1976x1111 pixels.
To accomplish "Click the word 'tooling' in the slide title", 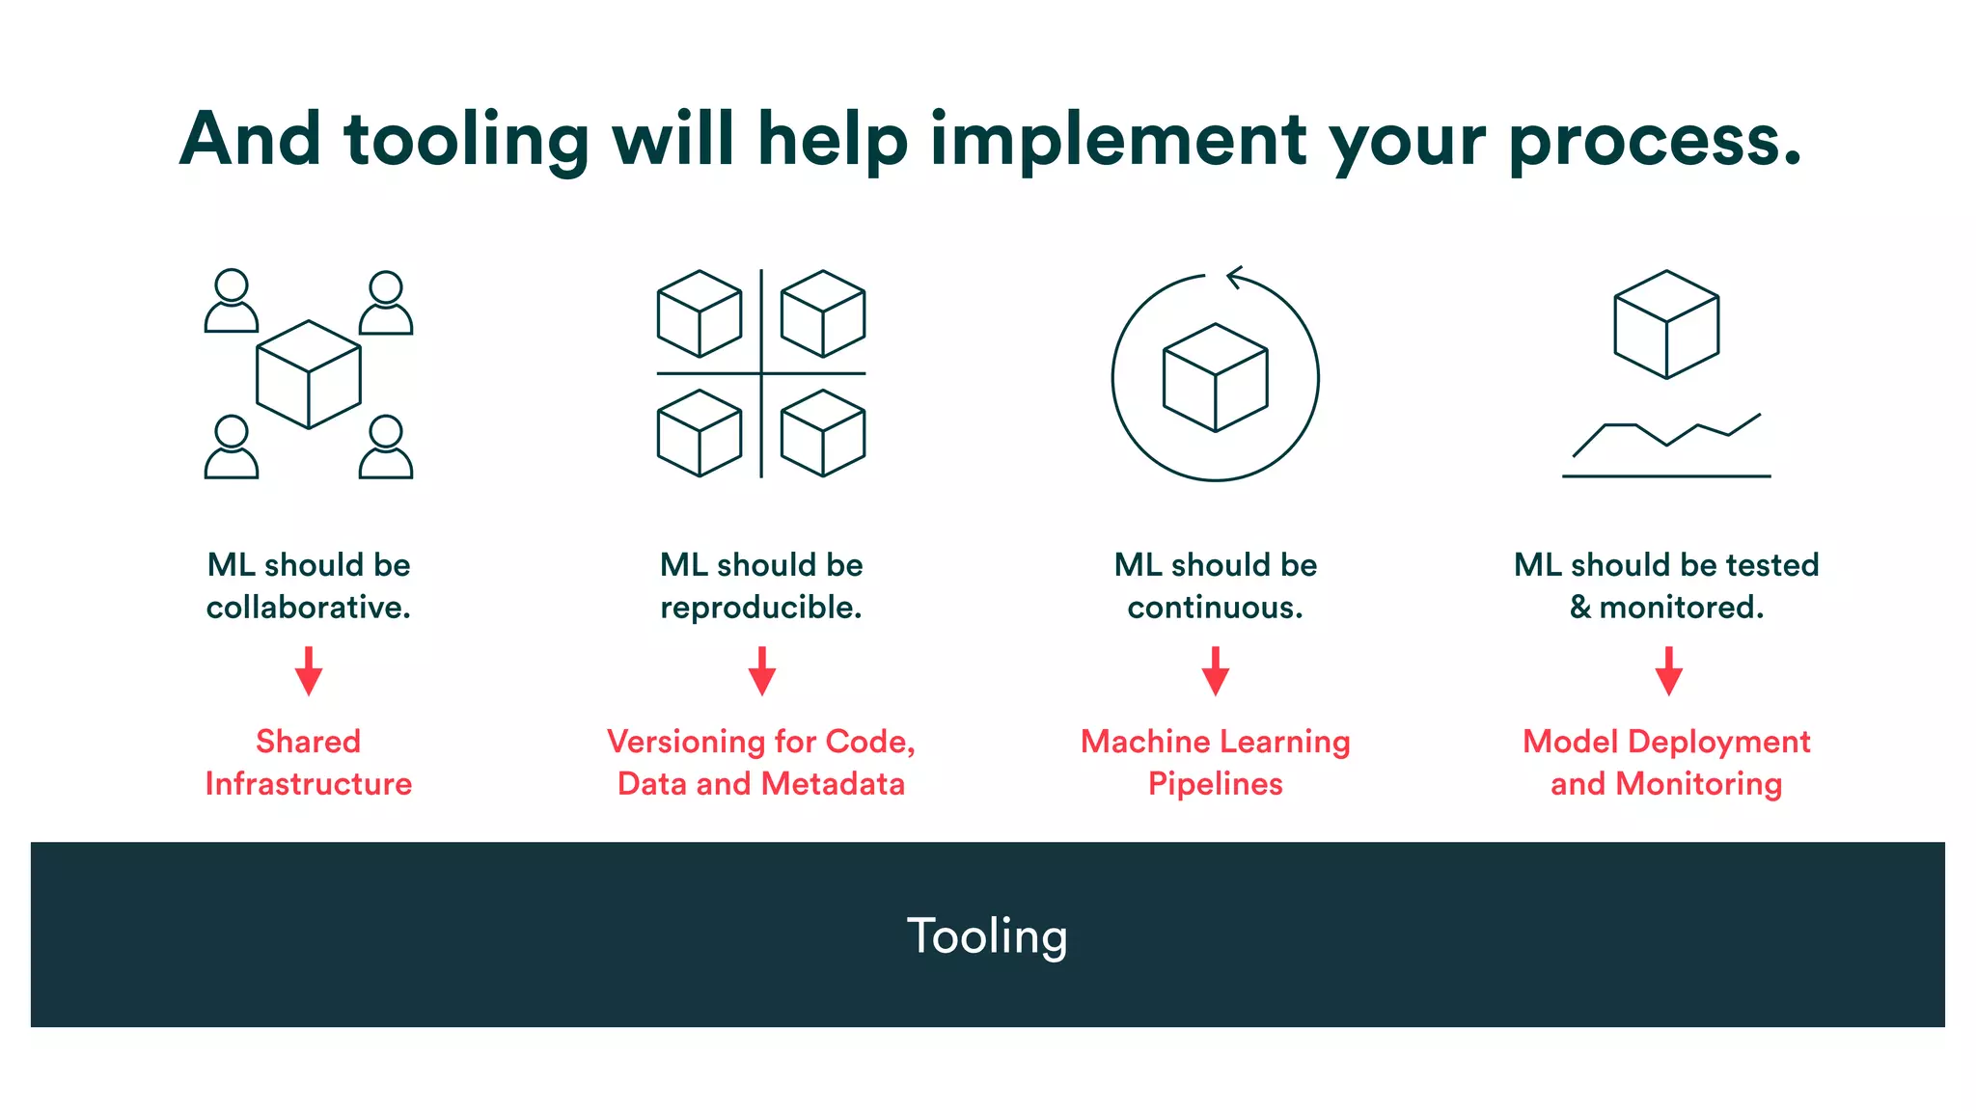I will (466, 141).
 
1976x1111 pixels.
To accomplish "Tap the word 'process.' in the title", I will (1655, 141).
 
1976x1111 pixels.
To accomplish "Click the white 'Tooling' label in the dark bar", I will (987, 935).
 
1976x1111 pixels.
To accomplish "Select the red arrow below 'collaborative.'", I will (309, 671).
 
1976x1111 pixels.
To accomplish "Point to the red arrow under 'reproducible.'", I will (762, 671).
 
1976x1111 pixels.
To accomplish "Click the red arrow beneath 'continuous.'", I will (1216, 671).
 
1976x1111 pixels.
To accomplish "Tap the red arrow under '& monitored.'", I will (1669, 671).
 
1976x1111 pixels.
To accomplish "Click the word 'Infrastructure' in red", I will (309, 783).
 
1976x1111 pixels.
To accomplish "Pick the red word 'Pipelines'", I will (1216, 783).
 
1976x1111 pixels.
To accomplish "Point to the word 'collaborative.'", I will (309, 607).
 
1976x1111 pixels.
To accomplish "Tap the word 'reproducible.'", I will (761, 607).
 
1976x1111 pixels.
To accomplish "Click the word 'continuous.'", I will (1216, 607).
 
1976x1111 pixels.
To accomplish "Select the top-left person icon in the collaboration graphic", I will (232, 301).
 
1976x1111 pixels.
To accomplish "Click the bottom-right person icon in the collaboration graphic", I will (386, 447).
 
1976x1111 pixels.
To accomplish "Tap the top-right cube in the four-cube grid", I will (823, 313).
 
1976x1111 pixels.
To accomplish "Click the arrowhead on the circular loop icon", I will (1234, 278).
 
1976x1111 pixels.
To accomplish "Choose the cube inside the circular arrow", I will (1216, 377).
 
